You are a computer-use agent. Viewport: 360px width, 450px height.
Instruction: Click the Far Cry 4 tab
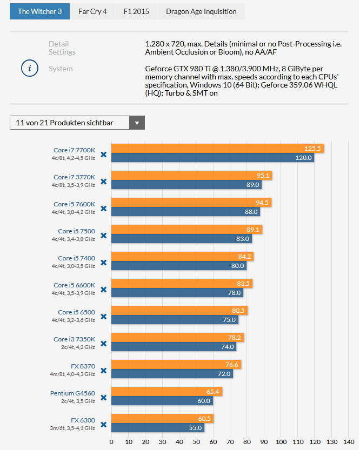click(92, 11)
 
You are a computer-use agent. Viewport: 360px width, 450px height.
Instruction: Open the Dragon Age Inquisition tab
click(201, 11)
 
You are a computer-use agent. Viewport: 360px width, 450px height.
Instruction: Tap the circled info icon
click(29, 69)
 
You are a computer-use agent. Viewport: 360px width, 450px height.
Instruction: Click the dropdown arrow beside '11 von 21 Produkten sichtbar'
click(137, 123)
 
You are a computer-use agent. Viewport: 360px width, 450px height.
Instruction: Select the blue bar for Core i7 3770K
click(186, 185)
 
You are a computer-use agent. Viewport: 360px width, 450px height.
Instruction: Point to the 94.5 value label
click(262, 203)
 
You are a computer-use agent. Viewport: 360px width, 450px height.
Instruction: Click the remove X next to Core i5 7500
click(104, 235)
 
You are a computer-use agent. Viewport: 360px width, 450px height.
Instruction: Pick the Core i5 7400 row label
click(76, 258)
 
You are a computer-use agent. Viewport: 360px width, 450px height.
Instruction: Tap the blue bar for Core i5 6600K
click(177, 293)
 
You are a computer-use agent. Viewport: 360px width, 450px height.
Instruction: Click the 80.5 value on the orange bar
click(238, 311)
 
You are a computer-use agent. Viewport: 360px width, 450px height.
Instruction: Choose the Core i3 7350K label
click(74, 339)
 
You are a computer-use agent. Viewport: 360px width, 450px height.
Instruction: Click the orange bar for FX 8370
click(176, 365)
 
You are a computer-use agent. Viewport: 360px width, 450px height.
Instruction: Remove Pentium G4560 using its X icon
click(104, 397)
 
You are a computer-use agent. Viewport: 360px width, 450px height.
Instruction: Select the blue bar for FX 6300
click(158, 428)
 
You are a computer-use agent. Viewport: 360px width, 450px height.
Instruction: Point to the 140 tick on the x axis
click(349, 441)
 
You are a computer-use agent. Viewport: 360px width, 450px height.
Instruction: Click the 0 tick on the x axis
click(111, 441)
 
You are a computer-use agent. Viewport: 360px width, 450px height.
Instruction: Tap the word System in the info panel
click(61, 69)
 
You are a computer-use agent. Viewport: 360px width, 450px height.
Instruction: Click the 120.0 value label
click(303, 158)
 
